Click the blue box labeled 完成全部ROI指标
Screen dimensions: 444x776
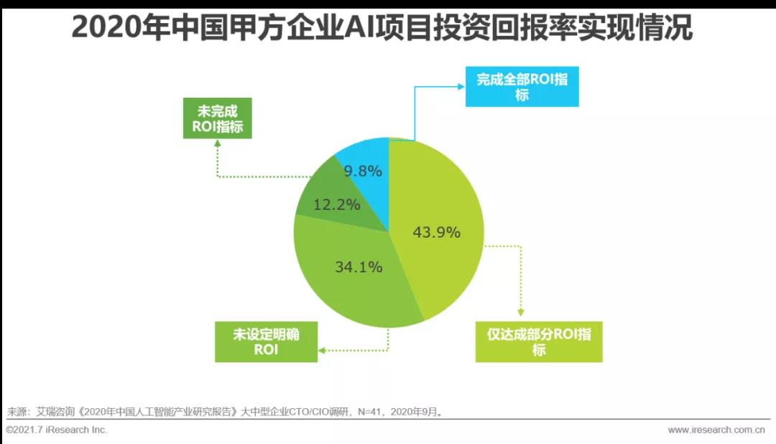click(x=522, y=87)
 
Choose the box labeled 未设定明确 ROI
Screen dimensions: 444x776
click(x=266, y=342)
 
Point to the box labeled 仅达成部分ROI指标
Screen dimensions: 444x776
click(x=539, y=342)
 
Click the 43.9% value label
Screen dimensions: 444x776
click(x=436, y=232)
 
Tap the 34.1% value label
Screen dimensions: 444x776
click(x=359, y=267)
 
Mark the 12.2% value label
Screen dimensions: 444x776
click(x=336, y=204)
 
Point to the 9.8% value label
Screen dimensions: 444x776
click(x=363, y=171)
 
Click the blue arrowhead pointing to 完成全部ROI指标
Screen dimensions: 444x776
click(x=460, y=86)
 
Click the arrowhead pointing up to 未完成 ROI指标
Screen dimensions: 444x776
click(x=217, y=143)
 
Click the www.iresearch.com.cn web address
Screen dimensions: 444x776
click(x=716, y=430)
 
